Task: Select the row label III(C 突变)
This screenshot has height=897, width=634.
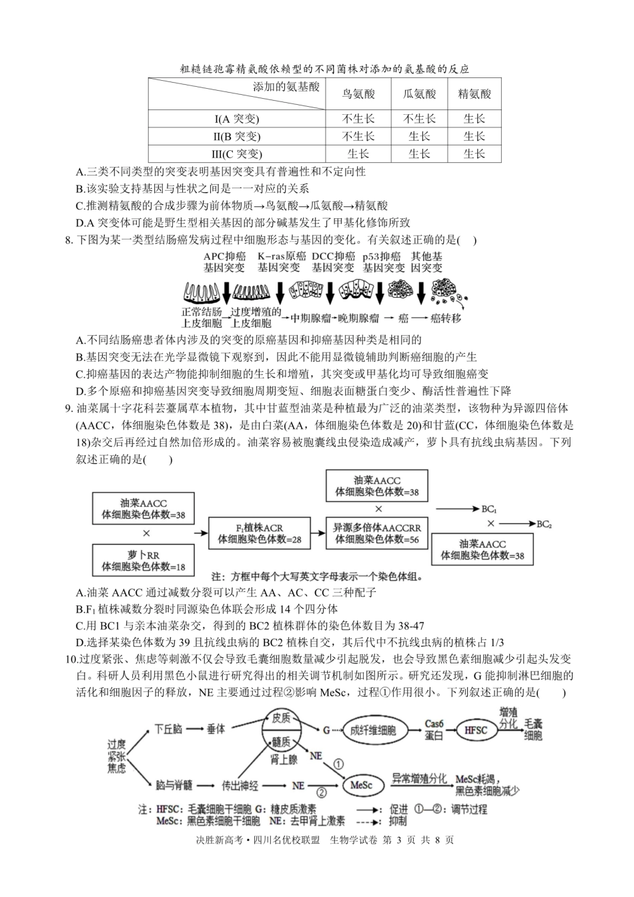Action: pos(236,154)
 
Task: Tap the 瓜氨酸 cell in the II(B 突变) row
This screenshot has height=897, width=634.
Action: pos(419,136)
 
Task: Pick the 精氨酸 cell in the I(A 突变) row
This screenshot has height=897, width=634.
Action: pos(474,119)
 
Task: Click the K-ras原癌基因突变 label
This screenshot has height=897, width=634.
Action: pos(281,262)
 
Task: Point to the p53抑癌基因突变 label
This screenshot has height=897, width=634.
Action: pos(383,262)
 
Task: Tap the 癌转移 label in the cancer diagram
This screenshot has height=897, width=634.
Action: pos(445,318)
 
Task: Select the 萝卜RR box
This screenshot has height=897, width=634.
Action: pos(143,561)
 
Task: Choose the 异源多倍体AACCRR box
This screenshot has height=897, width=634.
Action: pos(377,533)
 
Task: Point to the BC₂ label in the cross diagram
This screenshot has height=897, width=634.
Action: pos(543,524)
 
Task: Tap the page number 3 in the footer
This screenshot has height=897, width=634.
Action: pos(398,841)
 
